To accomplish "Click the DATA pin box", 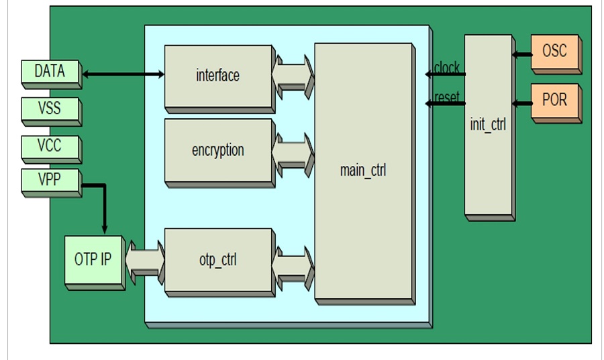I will [50, 71].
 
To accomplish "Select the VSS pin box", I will [50, 108].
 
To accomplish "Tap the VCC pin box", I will [50, 145].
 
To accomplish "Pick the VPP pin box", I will [50, 180].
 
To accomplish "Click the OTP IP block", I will [94, 259].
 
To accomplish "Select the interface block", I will [217, 75].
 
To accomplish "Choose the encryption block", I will [217, 150].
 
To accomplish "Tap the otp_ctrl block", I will [217, 259].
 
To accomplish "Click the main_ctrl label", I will [363, 170].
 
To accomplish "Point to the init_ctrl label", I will [489, 125].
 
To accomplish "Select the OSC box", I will [554, 51].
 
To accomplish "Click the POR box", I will [554, 101].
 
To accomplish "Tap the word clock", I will [447, 68].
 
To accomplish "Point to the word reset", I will [447, 97].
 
